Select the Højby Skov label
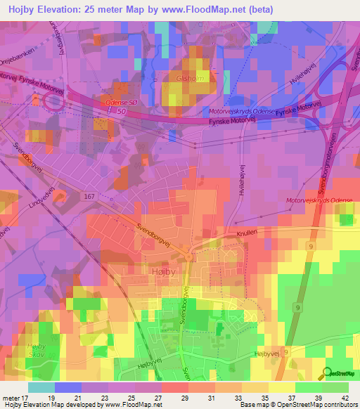point(35,353)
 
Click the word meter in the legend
point(11,397)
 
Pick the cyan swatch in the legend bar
point(41,387)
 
